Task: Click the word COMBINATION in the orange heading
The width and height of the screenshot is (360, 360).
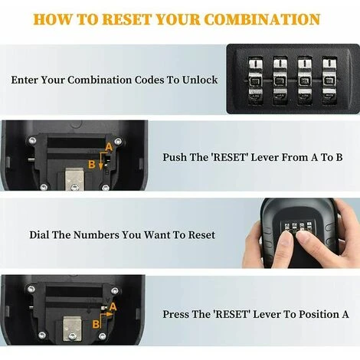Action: point(262,19)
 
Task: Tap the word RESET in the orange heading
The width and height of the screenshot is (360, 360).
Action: point(127,19)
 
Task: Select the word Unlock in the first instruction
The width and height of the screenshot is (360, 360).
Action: point(200,80)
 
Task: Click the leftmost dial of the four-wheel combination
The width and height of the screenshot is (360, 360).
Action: point(255,81)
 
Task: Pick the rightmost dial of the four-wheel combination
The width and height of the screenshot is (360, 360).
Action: point(329,81)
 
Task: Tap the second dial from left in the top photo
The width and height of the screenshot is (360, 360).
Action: point(280,81)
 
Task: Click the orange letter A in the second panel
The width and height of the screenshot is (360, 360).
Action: point(109,147)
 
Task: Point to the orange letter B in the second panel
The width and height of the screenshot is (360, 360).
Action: point(92,164)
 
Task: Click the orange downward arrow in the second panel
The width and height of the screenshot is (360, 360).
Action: point(101,161)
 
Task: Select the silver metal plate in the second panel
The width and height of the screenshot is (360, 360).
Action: point(74,178)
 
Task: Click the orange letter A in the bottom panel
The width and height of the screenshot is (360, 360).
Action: point(113,306)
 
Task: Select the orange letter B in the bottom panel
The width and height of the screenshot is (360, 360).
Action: point(96,325)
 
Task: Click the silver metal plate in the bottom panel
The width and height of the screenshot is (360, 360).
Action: point(72,329)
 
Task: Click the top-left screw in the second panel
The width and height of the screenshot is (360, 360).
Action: point(32,140)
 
